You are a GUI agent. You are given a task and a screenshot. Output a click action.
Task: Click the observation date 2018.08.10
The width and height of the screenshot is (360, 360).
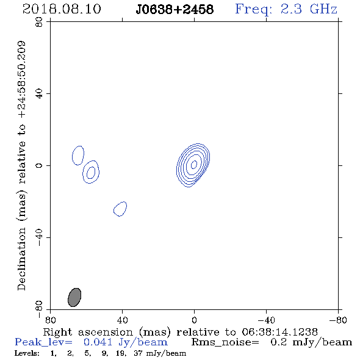(x=62, y=9)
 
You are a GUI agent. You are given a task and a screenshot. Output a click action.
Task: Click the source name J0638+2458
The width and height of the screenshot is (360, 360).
(x=175, y=10)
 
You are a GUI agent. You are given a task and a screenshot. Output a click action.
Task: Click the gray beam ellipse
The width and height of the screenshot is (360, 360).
(x=74, y=297)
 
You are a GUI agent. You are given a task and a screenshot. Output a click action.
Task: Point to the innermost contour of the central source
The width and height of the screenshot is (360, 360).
(x=194, y=164)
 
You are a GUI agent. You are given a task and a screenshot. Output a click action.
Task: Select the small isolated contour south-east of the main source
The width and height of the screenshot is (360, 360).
(x=120, y=209)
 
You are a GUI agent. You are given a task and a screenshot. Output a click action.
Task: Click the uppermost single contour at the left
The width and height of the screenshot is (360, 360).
(x=78, y=156)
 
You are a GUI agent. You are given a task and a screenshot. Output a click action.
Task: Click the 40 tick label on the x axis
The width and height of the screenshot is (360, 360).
(x=122, y=320)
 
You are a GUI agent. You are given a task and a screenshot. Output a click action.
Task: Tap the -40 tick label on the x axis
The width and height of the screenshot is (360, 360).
(x=266, y=320)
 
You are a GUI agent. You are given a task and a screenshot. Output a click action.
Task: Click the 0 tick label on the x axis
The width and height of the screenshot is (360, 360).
(x=194, y=320)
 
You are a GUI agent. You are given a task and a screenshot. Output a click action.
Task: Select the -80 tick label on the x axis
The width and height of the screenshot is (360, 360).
(x=338, y=320)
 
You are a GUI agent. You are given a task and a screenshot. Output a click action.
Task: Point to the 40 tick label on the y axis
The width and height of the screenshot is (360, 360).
(x=39, y=94)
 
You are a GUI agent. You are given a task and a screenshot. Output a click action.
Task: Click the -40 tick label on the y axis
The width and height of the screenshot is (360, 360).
(x=39, y=237)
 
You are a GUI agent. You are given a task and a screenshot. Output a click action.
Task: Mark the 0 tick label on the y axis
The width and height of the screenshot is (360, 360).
(x=39, y=165)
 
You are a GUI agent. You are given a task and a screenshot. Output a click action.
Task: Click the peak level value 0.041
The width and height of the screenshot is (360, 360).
(x=98, y=342)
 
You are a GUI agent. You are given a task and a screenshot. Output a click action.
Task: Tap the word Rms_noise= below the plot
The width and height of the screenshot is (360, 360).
(x=225, y=342)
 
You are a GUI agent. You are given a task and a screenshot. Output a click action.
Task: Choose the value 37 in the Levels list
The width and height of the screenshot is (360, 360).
(x=138, y=353)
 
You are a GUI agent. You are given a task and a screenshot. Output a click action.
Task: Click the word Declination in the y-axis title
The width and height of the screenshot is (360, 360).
(x=21, y=259)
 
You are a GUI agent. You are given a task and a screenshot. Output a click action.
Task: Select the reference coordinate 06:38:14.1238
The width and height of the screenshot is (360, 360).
(x=279, y=332)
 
